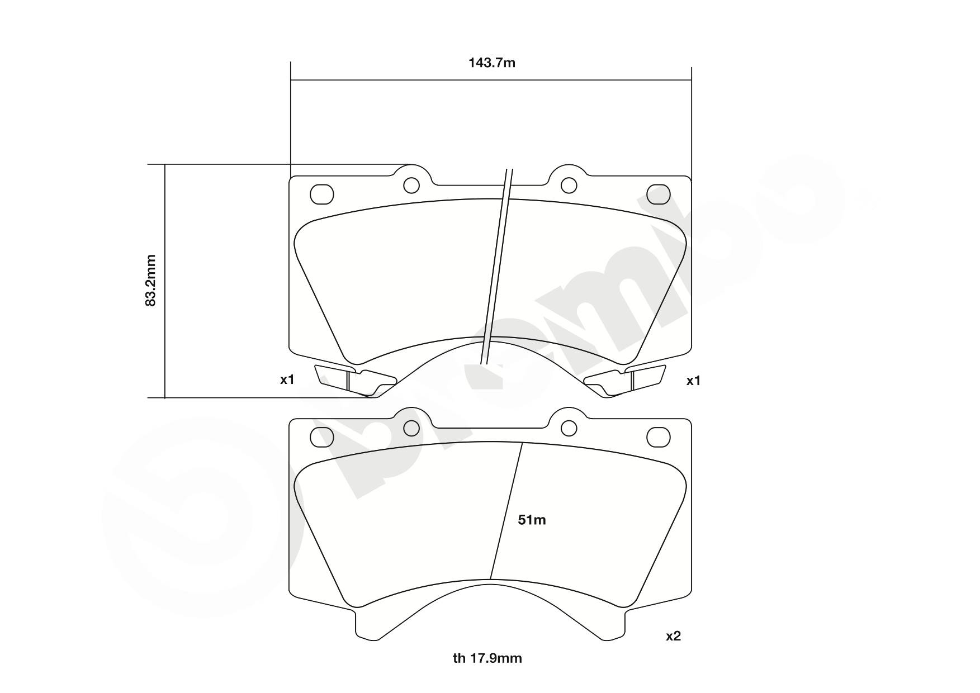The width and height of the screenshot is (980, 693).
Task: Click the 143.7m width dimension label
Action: click(x=491, y=63)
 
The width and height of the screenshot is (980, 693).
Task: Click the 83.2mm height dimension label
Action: click(x=150, y=281)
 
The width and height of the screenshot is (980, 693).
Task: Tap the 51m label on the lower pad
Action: click(x=532, y=520)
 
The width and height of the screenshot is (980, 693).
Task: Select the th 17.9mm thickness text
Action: click(x=487, y=658)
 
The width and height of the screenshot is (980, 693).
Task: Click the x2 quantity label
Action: click(x=673, y=636)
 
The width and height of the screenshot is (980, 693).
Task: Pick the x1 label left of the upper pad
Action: click(x=287, y=380)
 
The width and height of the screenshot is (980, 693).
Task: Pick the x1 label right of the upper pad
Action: click(x=693, y=381)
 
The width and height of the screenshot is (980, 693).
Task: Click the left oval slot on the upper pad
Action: click(x=321, y=194)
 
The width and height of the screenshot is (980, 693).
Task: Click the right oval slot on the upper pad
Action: click(x=658, y=194)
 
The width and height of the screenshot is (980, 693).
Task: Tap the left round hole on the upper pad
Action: click(x=411, y=185)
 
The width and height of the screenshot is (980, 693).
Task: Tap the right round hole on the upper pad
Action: click(x=569, y=185)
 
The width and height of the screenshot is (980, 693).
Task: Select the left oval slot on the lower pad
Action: click(x=321, y=437)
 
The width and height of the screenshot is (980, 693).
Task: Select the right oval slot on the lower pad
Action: click(x=658, y=437)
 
